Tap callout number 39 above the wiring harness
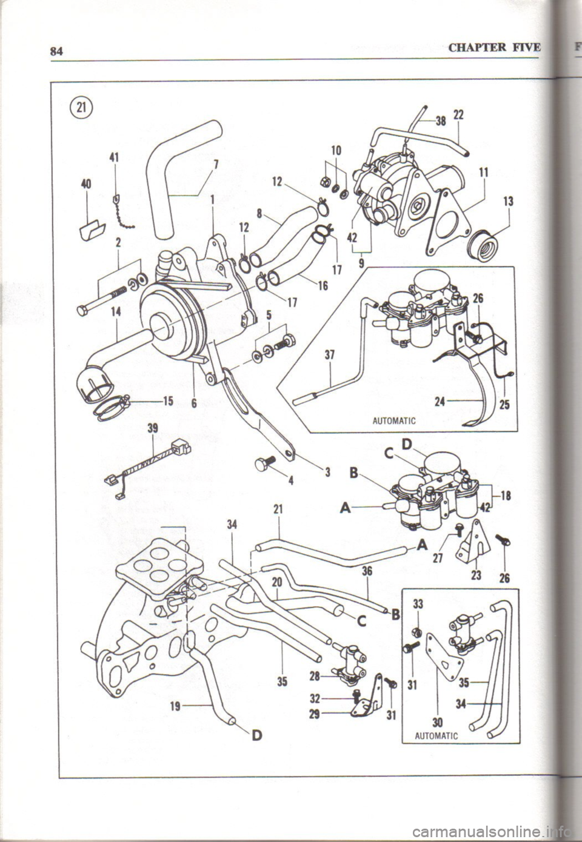(x=153, y=427)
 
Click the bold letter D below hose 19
(x=256, y=735)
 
